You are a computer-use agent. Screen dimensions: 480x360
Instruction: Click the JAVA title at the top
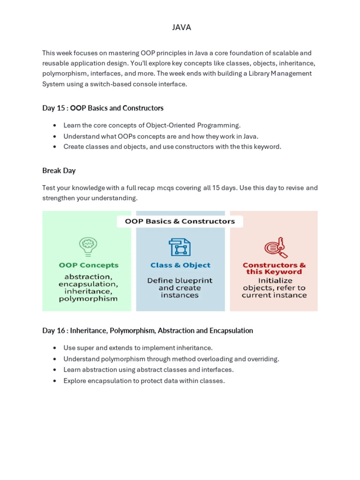[181, 28]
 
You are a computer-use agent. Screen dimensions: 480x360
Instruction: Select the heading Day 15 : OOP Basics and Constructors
[103, 108]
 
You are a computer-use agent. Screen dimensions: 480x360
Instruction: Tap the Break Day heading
[59, 171]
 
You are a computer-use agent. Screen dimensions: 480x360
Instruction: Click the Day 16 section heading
[147, 331]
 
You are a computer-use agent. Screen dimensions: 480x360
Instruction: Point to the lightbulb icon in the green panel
[88, 247]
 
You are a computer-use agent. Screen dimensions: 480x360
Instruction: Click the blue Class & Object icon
[180, 247]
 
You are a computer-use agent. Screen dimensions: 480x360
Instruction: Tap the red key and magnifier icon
[275, 247]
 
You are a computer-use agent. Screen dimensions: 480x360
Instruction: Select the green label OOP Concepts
[89, 265]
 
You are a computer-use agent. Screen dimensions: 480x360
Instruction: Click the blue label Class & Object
[180, 265]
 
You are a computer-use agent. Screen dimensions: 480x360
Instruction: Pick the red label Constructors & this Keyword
[274, 269]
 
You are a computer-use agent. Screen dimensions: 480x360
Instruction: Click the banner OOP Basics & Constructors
[180, 221]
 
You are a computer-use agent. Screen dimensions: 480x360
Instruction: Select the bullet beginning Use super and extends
[138, 348]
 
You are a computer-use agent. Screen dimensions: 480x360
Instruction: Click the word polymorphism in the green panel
[88, 299]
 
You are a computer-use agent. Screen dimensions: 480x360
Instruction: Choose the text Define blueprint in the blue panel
[180, 280]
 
